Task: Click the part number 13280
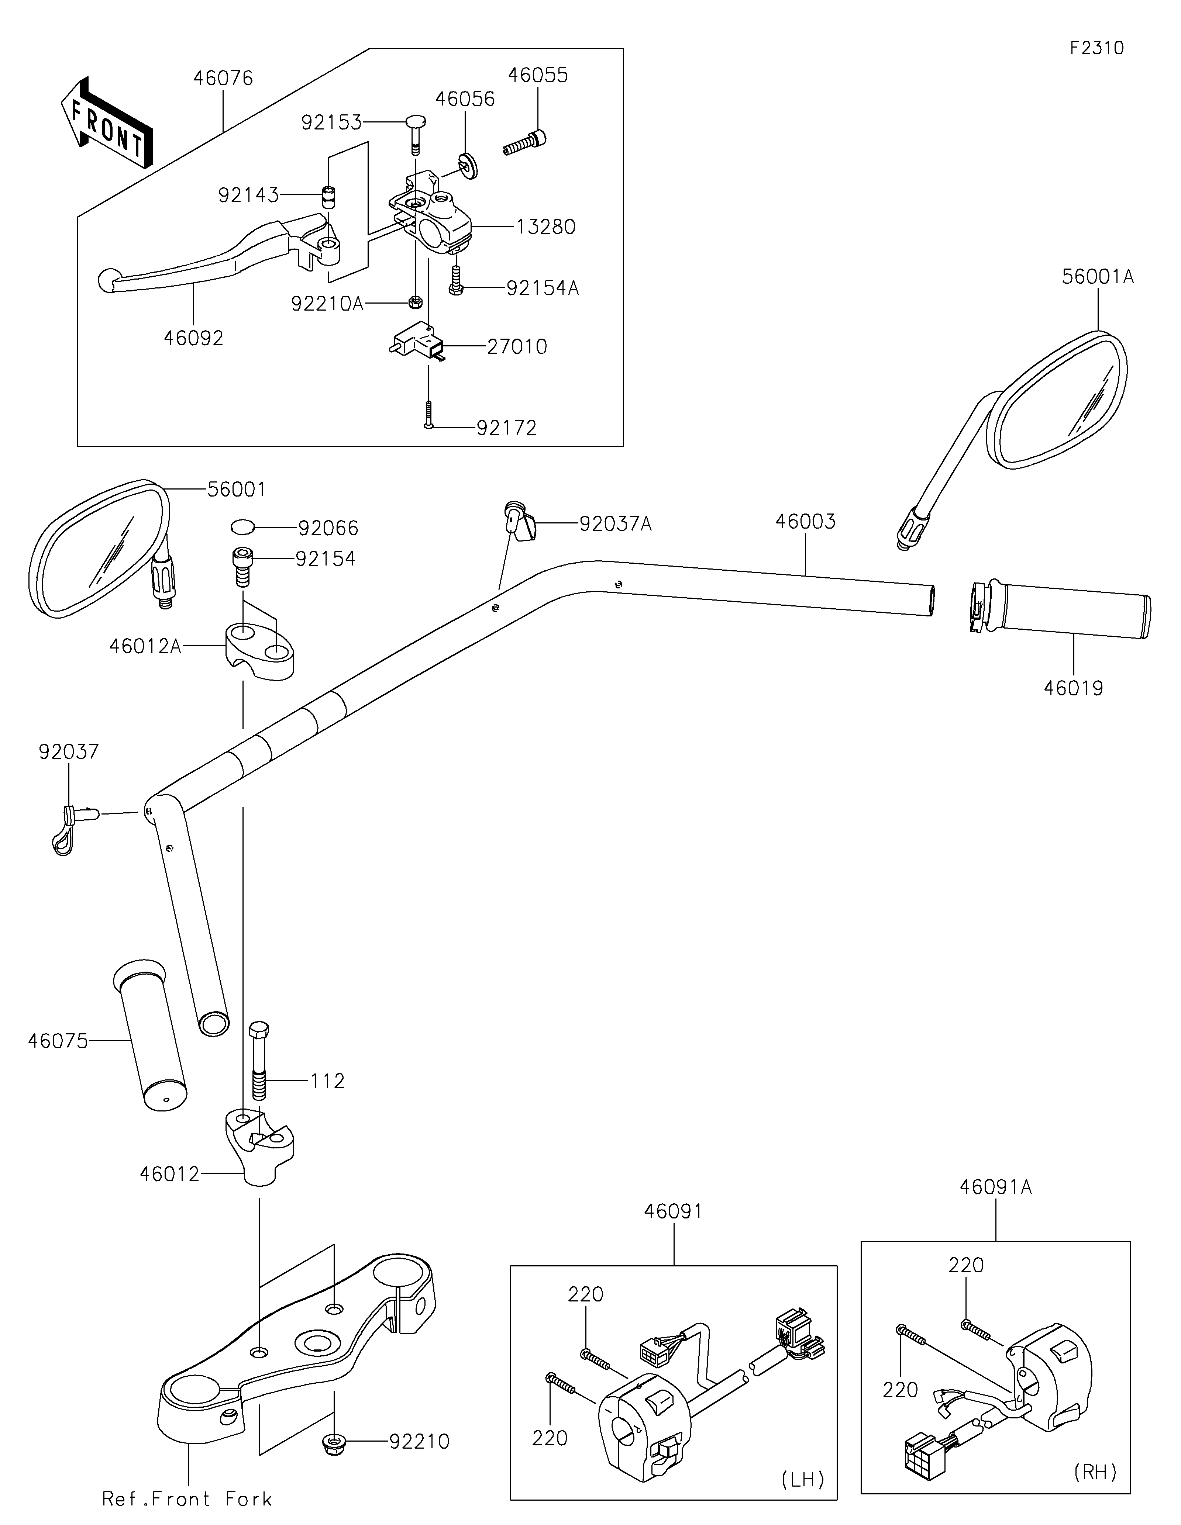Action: point(546,227)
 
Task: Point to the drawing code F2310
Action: point(1097,48)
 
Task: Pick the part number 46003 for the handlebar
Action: point(805,522)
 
